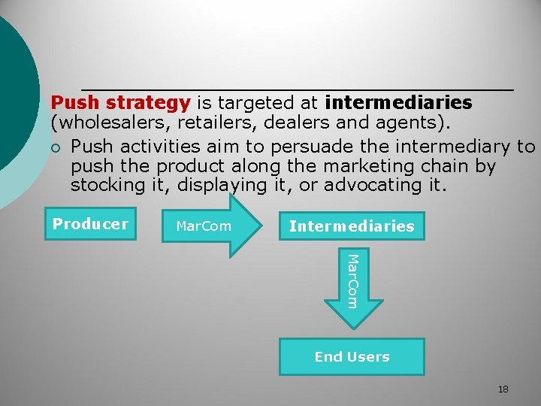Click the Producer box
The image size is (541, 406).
pos(90,224)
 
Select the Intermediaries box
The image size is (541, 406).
pos(352,226)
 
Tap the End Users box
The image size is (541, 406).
pos(352,356)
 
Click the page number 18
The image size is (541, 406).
pos(503,389)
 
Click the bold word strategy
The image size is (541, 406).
pos(148,102)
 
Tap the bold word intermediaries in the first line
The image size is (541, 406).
pos(399,102)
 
